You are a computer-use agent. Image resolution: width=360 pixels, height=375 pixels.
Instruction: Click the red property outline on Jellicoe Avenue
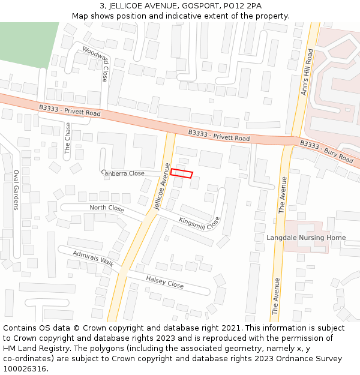182,173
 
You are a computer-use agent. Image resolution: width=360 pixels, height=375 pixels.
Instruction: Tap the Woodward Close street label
95,64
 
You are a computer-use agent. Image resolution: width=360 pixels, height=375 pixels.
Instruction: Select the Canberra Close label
123,173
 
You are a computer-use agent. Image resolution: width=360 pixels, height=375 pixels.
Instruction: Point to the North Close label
107,208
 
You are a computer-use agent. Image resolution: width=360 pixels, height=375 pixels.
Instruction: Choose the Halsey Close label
165,281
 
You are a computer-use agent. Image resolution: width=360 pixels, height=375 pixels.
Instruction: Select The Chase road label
68,139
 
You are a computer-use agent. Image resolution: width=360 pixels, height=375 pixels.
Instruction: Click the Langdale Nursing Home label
306,238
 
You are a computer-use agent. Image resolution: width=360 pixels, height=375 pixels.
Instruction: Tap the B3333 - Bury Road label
326,151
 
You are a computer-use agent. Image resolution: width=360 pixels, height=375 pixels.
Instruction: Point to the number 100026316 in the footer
25,369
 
